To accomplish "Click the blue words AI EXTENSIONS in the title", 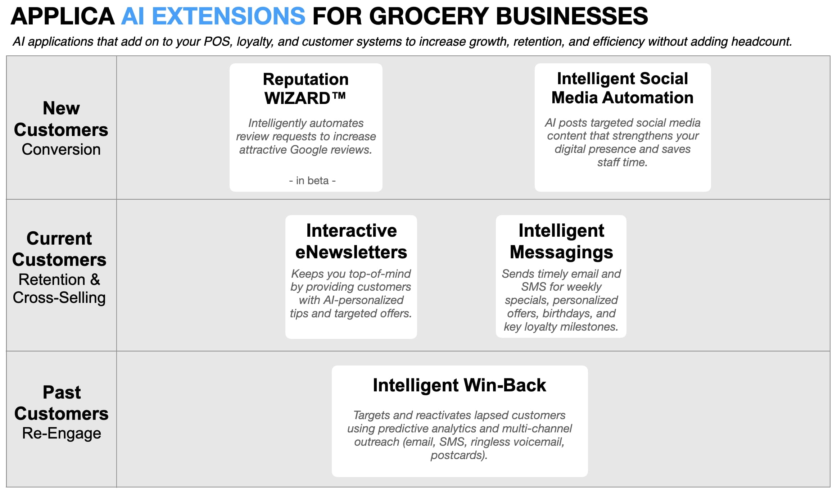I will (213, 17).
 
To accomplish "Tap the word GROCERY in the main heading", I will (429, 17).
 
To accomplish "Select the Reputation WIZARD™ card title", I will (306, 88).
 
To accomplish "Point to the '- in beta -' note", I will (312, 181).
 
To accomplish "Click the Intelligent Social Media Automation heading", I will (622, 88).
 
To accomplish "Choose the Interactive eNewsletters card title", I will (351, 241).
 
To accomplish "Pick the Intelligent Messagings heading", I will (561, 241).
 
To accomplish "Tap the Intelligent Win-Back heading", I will (459, 385).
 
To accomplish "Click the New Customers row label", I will (61, 119).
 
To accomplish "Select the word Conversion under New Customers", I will (61, 150).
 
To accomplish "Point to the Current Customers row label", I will (59, 249).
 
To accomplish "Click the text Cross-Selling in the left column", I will (59, 298).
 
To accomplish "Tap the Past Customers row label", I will (61, 403).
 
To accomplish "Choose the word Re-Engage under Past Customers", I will (61, 433).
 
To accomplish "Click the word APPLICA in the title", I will (63, 17).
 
